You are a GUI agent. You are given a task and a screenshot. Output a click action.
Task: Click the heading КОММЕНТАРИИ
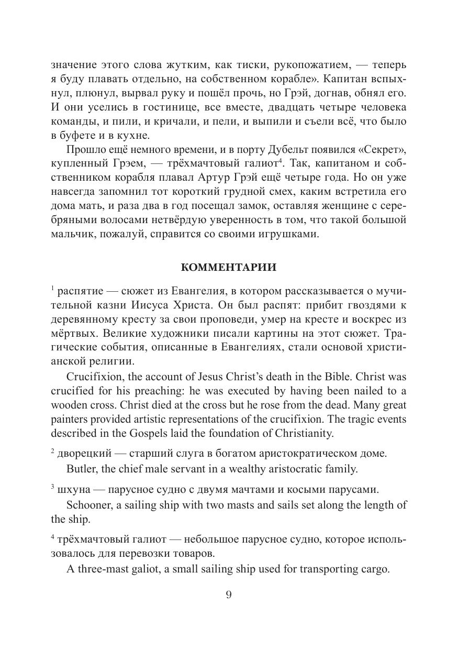[228, 267]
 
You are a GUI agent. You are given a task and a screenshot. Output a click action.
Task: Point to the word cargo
[375, 569]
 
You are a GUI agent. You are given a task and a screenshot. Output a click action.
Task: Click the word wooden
[71, 405]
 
